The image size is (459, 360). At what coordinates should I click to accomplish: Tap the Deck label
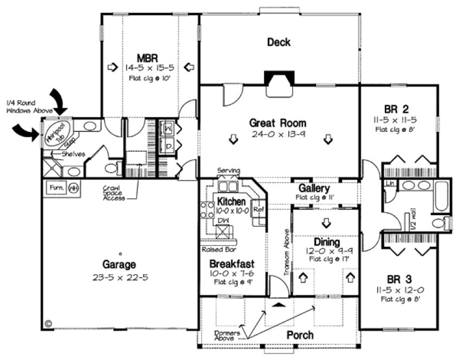[x=279, y=42]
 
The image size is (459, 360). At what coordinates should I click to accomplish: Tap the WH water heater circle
[x=72, y=189]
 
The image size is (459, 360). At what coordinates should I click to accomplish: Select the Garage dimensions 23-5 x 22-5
[x=119, y=277]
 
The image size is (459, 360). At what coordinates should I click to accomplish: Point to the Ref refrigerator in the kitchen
[x=258, y=209]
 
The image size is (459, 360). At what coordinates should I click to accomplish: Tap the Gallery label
[x=314, y=188]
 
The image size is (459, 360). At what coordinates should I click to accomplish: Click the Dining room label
[x=326, y=242]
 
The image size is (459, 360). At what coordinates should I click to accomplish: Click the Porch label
[x=300, y=335]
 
